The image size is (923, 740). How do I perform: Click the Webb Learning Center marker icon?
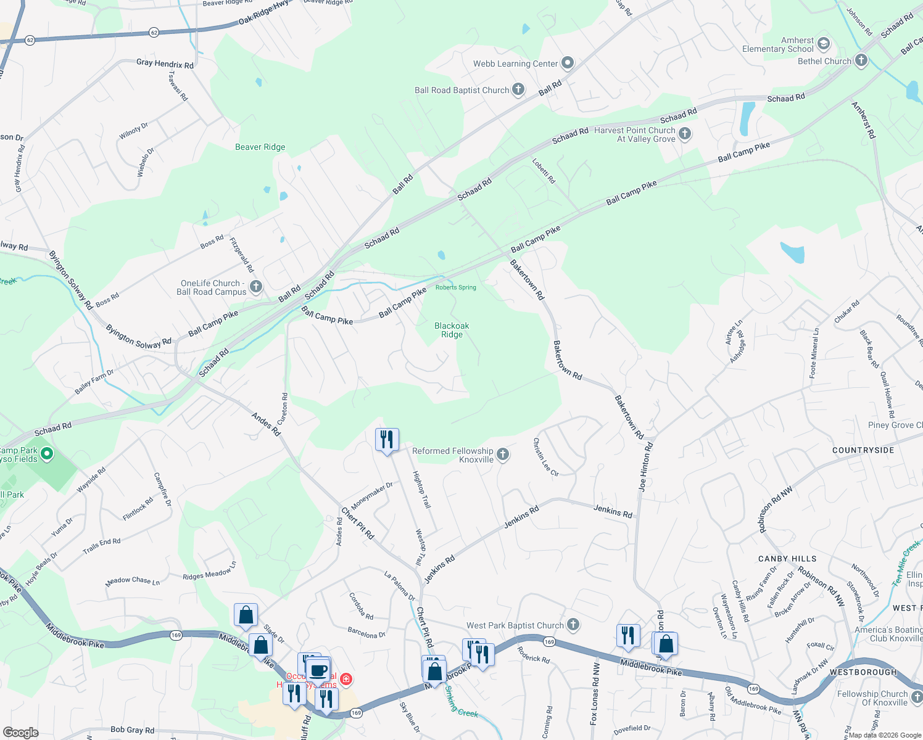pyautogui.click(x=568, y=63)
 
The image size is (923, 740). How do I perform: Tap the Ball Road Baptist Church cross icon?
pyautogui.click(x=518, y=89)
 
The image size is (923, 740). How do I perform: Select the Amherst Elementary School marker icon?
pyautogui.click(x=824, y=44)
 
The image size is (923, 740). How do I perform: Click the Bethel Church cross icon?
pyautogui.click(x=861, y=60)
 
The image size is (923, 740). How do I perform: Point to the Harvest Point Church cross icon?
pyautogui.click(x=684, y=133)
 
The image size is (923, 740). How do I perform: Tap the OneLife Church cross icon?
pyautogui.click(x=256, y=287)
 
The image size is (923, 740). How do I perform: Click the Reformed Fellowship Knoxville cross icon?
pyautogui.click(x=503, y=454)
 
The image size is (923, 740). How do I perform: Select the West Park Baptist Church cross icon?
pyautogui.click(x=573, y=625)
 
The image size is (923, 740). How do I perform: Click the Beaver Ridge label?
pyautogui.click(x=260, y=147)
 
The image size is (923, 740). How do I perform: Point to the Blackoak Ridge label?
pyautogui.click(x=452, y=330)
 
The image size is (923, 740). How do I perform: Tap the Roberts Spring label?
pyautogui.click(x=456, y=287)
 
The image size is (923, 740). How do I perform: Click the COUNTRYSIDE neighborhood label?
pyautogui.click(x=863, y=450)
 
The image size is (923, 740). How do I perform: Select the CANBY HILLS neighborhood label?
pyautogui.click(x=787, y=559)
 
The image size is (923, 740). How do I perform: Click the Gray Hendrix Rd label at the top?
pyautogui.click(x=165, y=64)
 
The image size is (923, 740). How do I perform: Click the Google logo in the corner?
pyautogui.click(x=21, y=732)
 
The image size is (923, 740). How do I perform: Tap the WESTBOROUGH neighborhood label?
pyautogui.click(x=863, y=672)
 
